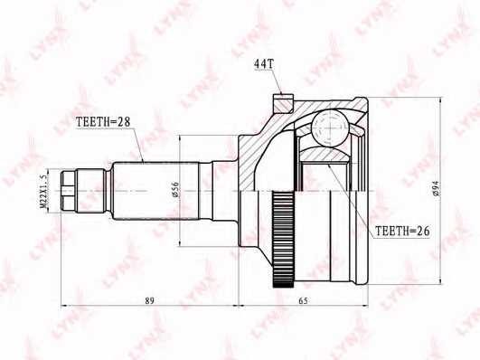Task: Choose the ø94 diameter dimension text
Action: coord(435,188)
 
